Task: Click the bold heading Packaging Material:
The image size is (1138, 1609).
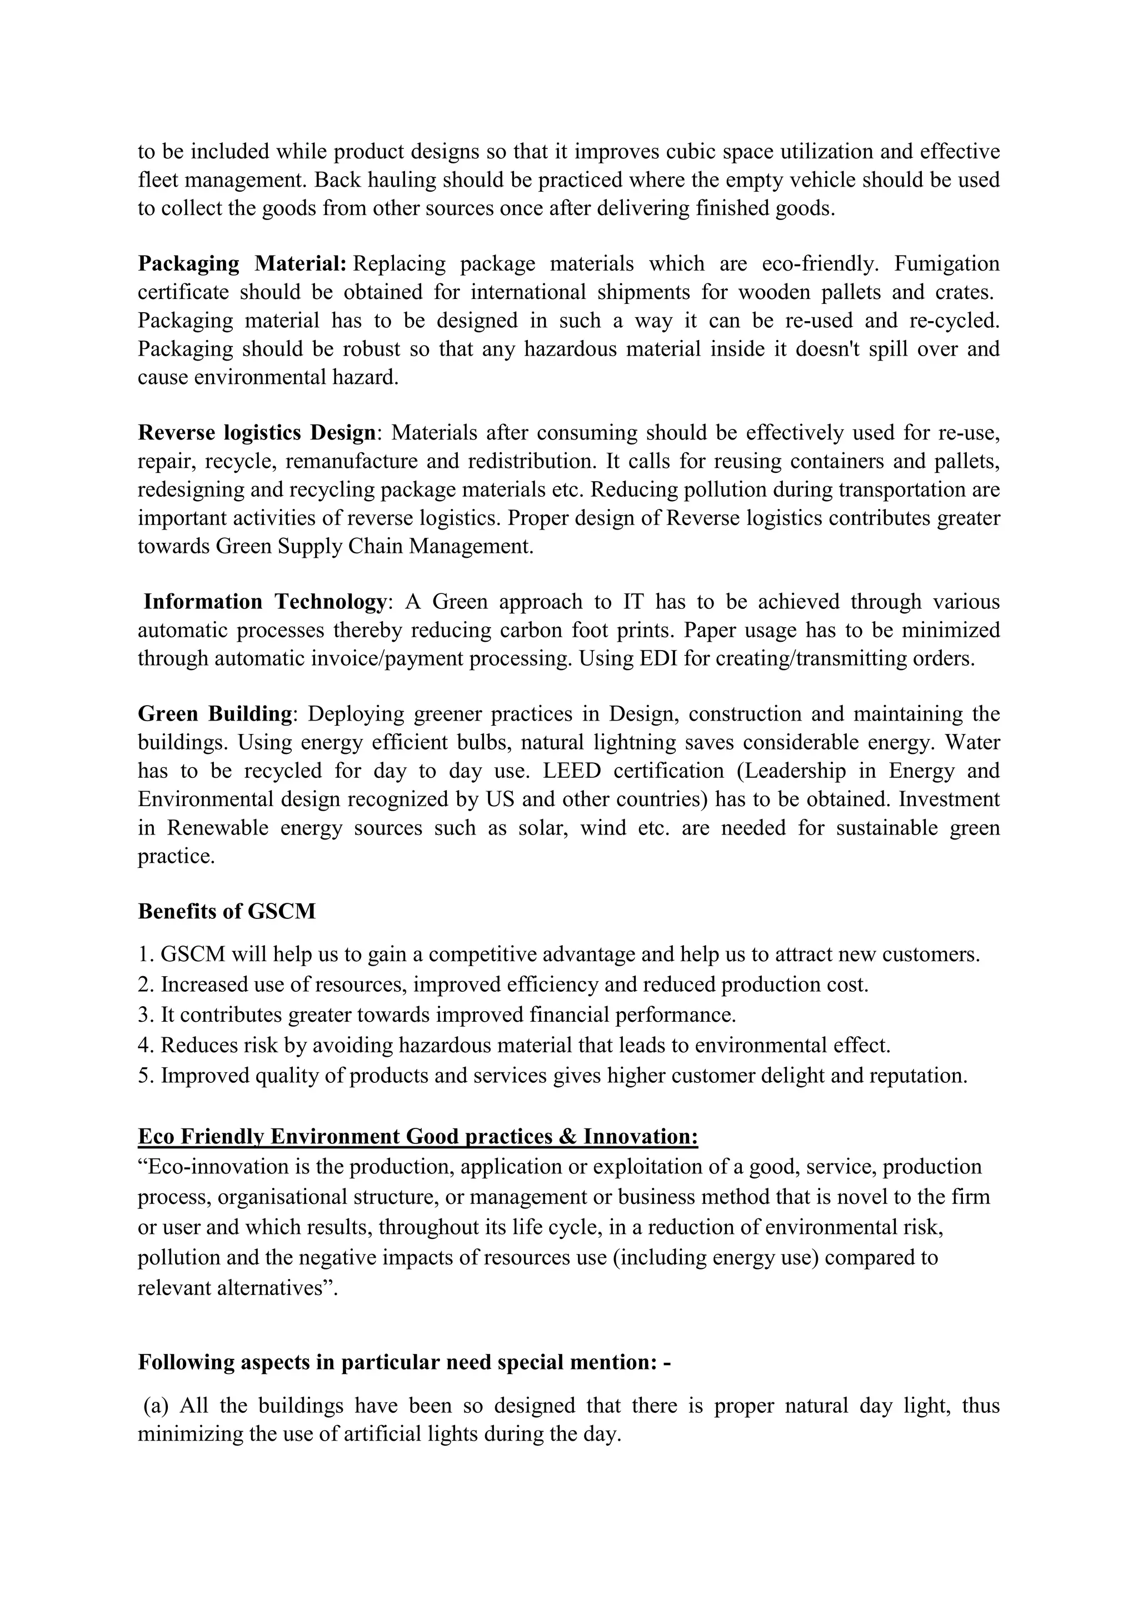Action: [x=242, y=264]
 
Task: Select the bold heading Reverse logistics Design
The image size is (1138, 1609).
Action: [x=257, y=433]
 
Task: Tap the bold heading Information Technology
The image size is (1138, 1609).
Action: [x=264, y=602]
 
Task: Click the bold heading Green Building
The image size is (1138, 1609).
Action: [x=214, y=714]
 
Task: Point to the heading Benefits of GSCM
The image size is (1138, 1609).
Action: [x=226, y=912]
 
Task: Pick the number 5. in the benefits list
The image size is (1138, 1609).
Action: [x=146, y=1076]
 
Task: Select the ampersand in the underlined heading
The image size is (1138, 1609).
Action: [x=567, y=1137]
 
